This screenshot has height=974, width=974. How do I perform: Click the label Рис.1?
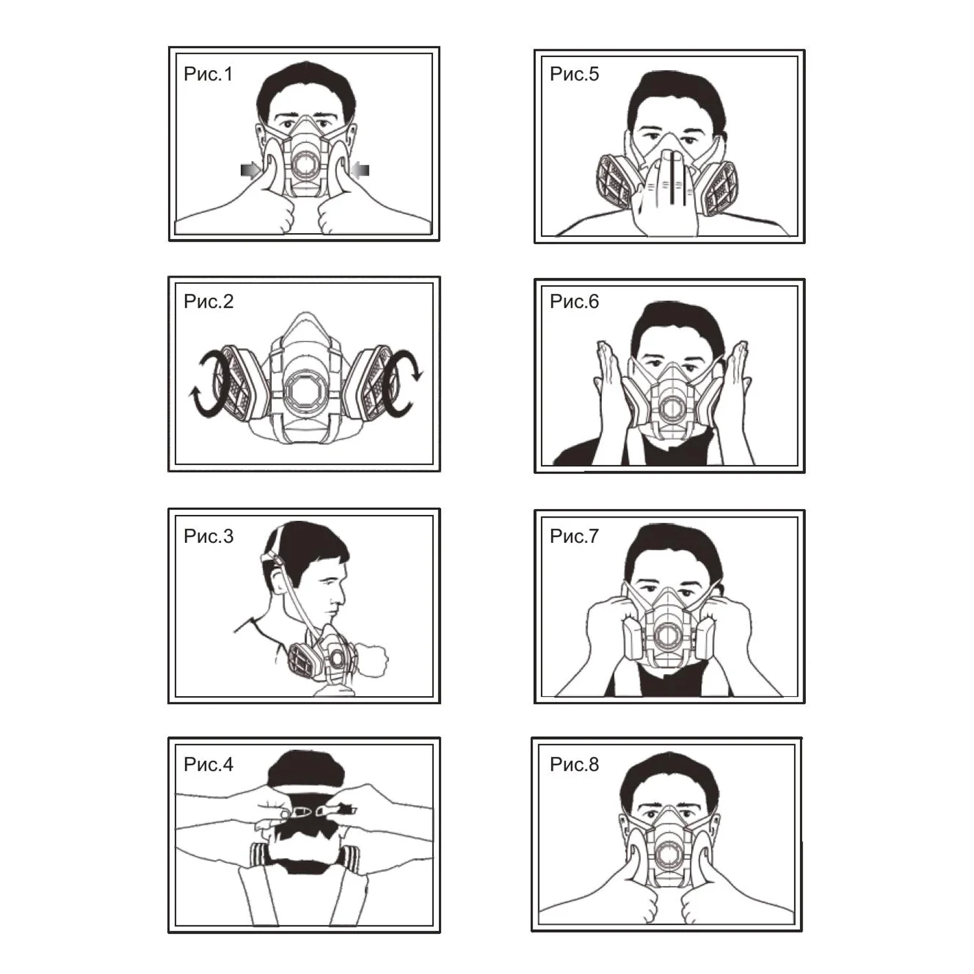pos(208,74)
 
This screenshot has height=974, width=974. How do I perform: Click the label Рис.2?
pos(208,301)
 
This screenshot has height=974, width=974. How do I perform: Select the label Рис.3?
pos(208,536)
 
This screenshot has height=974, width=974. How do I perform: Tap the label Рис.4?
pos(208,764)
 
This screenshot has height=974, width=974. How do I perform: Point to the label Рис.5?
pos(574,74)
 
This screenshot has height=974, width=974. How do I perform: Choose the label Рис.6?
pos(574,301)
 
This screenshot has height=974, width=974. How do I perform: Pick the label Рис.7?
pos(574,536)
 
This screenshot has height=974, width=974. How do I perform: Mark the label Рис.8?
pos(574,764)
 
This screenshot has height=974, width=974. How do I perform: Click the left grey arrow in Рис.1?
pos(251,170)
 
